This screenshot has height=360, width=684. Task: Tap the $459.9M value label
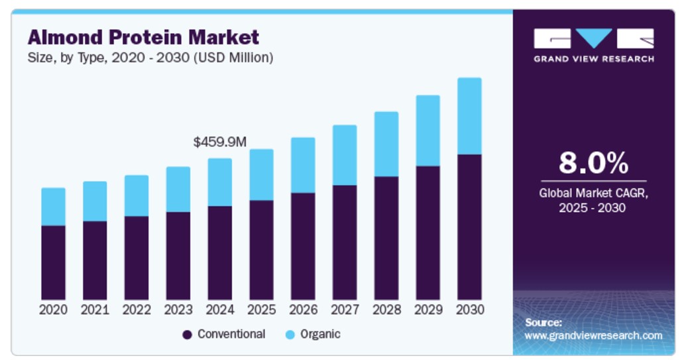219,142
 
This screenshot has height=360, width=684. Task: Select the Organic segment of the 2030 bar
469,116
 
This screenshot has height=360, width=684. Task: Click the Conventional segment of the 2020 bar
53,263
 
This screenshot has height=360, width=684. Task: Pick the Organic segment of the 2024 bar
219,182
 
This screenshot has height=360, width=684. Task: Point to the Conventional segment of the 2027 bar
345,242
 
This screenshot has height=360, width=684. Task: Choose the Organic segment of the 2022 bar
137,196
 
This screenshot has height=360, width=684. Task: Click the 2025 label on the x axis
261,310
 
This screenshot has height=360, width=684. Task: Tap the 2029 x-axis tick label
427,310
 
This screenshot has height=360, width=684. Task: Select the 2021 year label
95,310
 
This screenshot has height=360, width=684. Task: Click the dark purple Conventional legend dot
187,335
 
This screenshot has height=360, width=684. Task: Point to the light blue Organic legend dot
290,335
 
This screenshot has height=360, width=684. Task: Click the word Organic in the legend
320,334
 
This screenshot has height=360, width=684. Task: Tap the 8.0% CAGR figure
593,162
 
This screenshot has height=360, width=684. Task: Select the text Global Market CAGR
593,194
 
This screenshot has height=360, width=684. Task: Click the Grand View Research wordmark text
594,58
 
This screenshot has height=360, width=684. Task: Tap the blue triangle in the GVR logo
594,37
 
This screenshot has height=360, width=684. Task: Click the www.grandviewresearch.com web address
593,335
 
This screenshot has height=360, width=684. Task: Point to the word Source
543,322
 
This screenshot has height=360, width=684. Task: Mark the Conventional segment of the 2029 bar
427,233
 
